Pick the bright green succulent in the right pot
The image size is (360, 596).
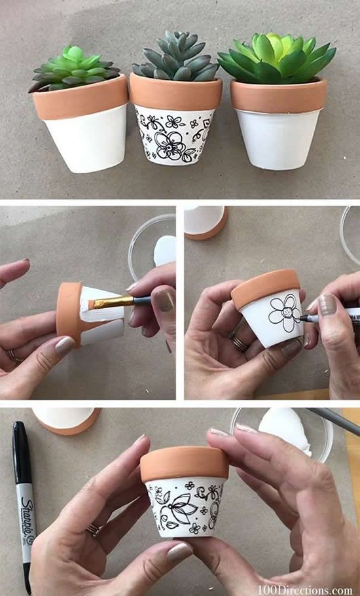tap(278, 56)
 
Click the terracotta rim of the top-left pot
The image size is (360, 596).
tap(80, 97)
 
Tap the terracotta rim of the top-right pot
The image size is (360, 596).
tap(278, 96)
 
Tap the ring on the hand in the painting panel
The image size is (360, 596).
tap(12, 356)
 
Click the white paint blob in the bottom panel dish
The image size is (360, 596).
tap(288, 429)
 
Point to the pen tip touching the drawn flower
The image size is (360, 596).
tap(300, 319)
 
